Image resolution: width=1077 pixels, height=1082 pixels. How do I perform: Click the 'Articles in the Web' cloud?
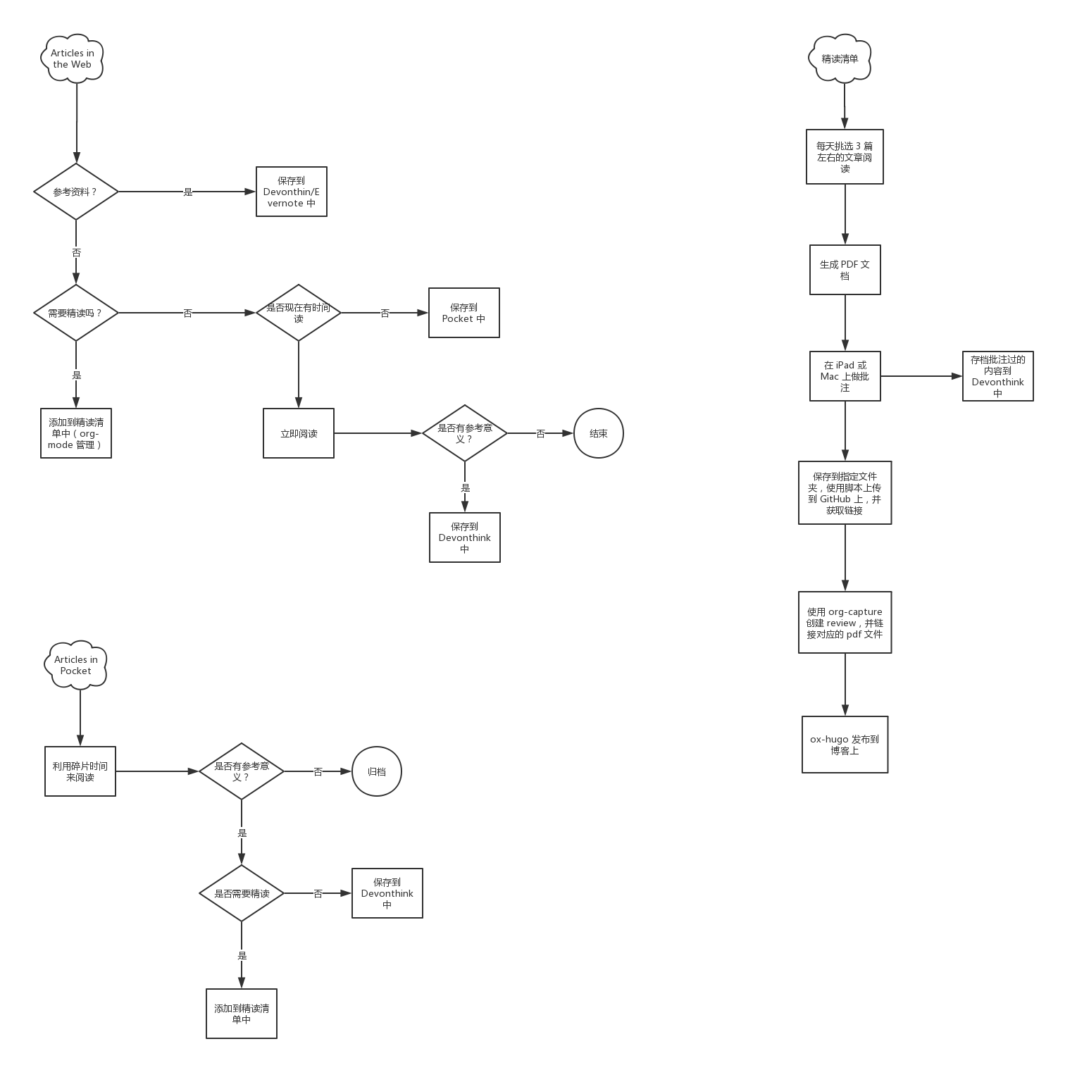(x=72, y=58)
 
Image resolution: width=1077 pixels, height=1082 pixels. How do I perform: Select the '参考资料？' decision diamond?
(x=76, y=192)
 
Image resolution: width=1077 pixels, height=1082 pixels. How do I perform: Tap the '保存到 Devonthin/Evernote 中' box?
(x=292, y=192)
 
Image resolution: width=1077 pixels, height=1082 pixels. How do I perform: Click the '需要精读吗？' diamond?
(x=76, y=313)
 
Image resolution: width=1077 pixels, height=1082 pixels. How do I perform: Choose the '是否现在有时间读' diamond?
(x=299, y=313)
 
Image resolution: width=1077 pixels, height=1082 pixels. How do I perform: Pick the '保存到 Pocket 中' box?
(x=464, y=313)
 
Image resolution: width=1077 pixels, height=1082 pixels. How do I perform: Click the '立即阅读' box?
(x=299, y=433)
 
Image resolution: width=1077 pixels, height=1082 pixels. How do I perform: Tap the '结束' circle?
(x=599, y=433)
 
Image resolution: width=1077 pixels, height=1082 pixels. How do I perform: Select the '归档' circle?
(x=377, y=771)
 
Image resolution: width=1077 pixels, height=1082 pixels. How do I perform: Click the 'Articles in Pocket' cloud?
(x=76, y=665)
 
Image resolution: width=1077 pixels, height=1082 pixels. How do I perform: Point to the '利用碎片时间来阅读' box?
(x=80, y=771)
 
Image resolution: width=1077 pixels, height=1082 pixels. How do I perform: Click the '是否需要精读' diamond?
(x=242, y=893)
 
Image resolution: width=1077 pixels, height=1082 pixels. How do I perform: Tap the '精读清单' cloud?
(x=840, y=59)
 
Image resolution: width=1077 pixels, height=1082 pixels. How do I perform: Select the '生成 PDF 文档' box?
(x=845, y=270)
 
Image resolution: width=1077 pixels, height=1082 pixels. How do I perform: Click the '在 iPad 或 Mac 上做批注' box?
(x=845, y=376)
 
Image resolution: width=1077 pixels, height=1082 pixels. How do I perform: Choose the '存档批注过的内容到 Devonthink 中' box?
(x=998, y=376)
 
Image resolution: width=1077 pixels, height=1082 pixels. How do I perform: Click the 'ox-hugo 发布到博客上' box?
(x=845, y=745)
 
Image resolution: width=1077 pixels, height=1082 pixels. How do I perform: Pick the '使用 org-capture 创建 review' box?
(x=845, y=623)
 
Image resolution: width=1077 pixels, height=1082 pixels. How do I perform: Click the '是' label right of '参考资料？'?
(x=188, y=192)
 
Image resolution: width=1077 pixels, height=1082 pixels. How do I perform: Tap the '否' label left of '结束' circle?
(x=541, y=434)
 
